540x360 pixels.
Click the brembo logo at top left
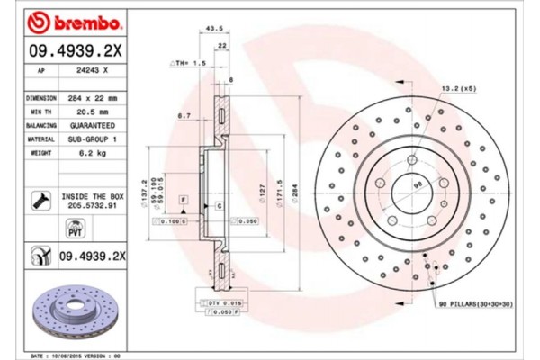click(x=68, y=21)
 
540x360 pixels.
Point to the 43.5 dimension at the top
click(x=213, y=29)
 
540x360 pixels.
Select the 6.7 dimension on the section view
click(x=184, y=115)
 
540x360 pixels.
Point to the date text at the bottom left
click(x=76, y=356)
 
